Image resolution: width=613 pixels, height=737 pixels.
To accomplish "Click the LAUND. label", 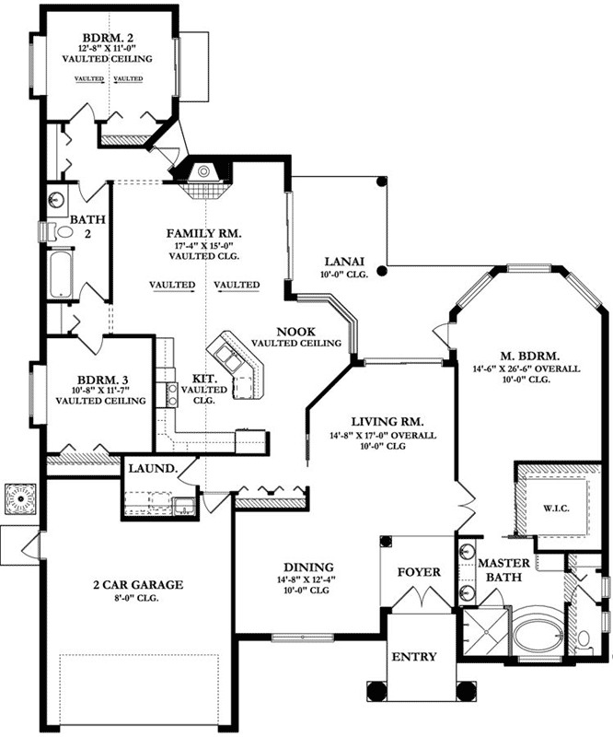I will coord(153,468).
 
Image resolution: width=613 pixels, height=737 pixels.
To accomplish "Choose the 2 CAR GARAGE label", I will coord(137,584).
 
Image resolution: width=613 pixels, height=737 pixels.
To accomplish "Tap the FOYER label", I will coord(419,571).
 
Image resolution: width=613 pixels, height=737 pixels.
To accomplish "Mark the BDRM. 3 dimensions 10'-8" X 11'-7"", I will coord(99,389).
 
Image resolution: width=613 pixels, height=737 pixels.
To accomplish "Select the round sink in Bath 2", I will coord(56,199).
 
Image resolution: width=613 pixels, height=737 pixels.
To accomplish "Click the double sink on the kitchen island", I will coord(228,358).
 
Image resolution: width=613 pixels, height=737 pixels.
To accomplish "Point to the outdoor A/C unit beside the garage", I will coord(19,500).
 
